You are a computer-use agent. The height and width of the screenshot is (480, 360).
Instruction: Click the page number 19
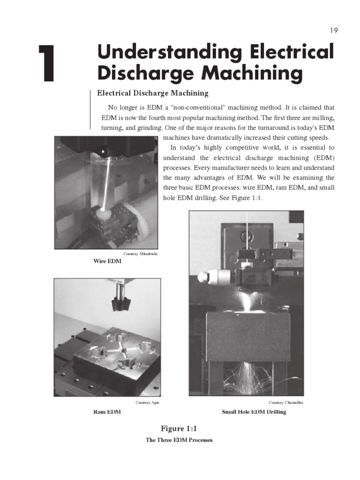pos(333,30)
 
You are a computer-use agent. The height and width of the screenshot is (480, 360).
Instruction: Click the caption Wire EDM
pos(107,261)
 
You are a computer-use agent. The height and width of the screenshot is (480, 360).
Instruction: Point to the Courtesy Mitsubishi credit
pos(140,254)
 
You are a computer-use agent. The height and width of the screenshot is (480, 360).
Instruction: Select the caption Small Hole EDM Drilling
pos(254,412)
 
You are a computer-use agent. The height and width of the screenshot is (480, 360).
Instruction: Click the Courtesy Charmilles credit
pos(286,403)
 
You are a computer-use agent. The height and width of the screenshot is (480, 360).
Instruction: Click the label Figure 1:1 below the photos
pos(180,428)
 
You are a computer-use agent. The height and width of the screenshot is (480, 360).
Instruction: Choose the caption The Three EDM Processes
pos(179,440)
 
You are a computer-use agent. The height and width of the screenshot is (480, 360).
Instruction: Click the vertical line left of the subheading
pos(90,108)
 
